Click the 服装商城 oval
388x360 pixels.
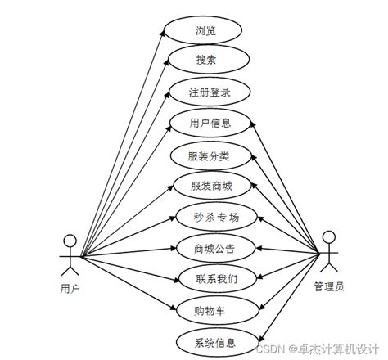point(211,186)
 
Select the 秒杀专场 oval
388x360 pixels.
point(216,217)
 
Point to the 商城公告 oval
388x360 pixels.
point(216,247)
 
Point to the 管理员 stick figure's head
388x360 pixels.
point(328,238)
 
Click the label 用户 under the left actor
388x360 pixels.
point(70,288)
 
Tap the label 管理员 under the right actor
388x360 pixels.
point(329,286)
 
